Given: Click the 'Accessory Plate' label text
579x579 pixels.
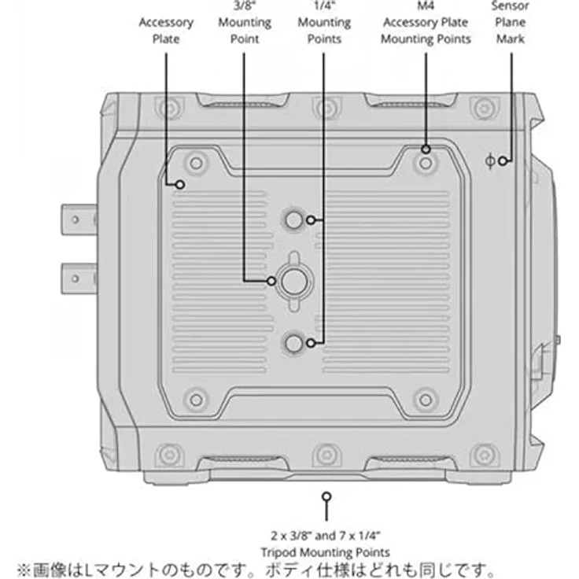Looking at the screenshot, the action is tap(166, 31).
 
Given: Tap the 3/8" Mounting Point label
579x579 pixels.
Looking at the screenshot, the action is tap(245, 23).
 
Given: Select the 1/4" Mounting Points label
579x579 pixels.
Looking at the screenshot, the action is tap(324, 23).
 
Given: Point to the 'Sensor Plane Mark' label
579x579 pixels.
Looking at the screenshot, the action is tap(511, 23).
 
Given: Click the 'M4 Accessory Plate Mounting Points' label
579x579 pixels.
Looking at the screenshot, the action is tap(426, 23).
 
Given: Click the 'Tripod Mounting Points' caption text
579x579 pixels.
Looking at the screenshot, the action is tap(326, 552).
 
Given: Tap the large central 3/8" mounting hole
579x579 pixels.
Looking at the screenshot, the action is tap(294, 282).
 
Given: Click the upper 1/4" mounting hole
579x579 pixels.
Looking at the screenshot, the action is tap(294, 220).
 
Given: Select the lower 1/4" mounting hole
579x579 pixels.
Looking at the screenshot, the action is tap(294, 344).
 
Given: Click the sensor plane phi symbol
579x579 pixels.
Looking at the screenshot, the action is tap(490, 161).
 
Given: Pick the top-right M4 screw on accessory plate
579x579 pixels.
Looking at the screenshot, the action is tap(426, 163).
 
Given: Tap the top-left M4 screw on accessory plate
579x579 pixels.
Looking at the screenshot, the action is tap(196, 163).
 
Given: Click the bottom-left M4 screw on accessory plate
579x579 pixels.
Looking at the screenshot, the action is tap(196, 400).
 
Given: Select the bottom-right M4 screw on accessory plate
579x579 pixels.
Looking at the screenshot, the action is tap(426, 400).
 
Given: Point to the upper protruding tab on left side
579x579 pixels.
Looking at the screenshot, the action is tap(79, 220).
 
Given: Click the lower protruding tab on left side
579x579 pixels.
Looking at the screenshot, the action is tap(79, 278).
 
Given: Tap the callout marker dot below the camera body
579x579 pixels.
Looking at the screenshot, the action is tap(326, 496).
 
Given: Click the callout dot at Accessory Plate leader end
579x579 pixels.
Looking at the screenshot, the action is tap(180, 185).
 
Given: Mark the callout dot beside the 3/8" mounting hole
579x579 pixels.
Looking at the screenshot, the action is tap(271, 281).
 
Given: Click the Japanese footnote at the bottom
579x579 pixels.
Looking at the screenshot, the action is tap(256, 570).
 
